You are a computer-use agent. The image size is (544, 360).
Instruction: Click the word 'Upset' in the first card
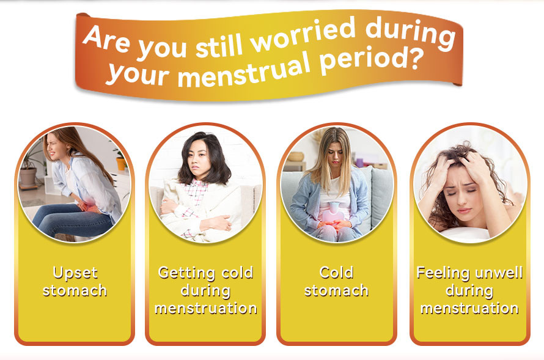[75, 273]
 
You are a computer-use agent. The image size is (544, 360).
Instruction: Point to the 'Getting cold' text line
[205, 273]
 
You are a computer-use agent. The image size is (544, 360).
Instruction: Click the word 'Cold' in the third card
[336, 273]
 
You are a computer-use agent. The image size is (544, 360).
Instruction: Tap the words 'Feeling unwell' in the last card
[469, 273]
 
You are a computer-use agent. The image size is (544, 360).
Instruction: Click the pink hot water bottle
[333, 216]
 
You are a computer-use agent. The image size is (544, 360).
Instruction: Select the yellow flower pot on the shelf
[121, 163]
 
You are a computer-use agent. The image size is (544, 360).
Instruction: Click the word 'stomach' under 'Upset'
[75, 291]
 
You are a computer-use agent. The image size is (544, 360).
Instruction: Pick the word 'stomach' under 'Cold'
[336, 291]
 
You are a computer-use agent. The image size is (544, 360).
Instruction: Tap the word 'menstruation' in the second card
[206, 308]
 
